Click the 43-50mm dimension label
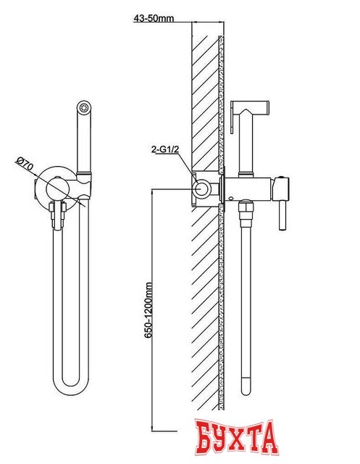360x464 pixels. point(154,18)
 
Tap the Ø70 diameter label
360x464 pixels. point(25,165)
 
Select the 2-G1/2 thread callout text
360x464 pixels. point(165,150)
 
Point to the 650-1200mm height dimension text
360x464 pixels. point(148,310)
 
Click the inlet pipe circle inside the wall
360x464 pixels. point(202,188)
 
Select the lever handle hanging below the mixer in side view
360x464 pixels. point(282,214)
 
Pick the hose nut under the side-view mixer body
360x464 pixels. point(246,210)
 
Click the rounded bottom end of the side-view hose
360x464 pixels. point(246,389)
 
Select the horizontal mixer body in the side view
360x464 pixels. point(249,189)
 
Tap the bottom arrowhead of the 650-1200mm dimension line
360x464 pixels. point(152,428)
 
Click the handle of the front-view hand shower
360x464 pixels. point(84,142)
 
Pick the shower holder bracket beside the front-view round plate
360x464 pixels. point(83,186)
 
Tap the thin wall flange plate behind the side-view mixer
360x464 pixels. point(222,189)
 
